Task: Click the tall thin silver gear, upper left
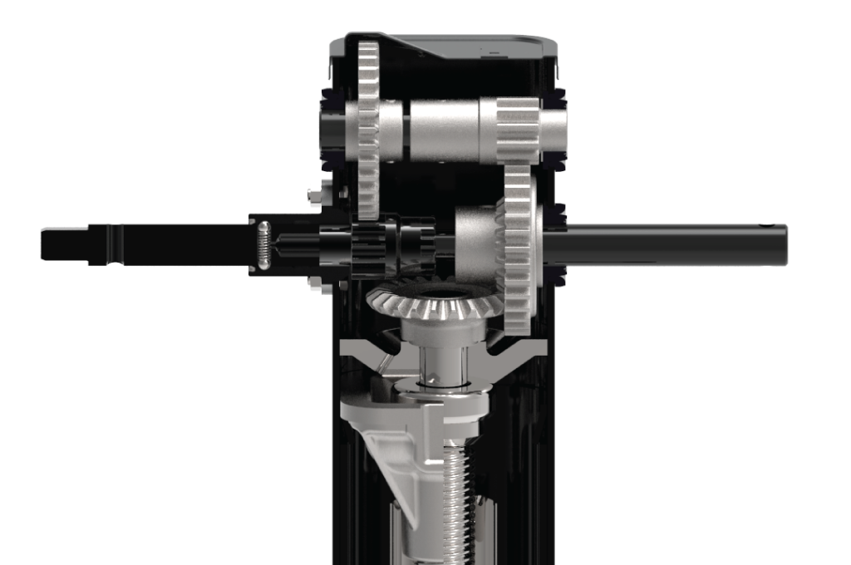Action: pos(367,125)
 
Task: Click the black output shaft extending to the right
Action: pos(673,244)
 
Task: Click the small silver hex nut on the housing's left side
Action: pos(315,194)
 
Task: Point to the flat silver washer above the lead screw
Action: pos(440,386)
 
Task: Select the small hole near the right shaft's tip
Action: pos(775,226)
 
